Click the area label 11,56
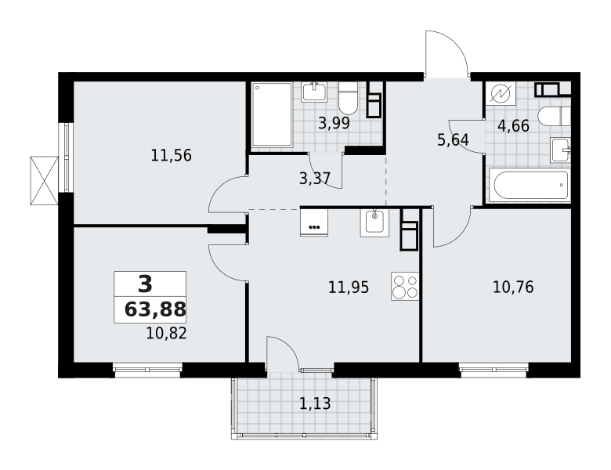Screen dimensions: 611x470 [x=171, y=156]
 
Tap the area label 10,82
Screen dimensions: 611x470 [x=166, y=334]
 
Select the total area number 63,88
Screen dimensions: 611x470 [x=155, y=310]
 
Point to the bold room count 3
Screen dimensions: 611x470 [x=146, y=284]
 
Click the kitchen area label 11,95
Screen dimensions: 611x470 [x=349, y=287]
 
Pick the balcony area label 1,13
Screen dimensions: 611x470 [x=315, y=403]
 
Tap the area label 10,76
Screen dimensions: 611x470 [x=513, y=287]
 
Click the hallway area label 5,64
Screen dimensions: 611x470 [x=453, y=140]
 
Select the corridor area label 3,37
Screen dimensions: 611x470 [x=315, y=179]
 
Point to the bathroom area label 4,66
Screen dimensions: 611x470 [x=514, y=126]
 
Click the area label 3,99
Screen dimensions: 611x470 [x=334, y=124]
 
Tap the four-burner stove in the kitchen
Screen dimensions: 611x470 [x=405, y=286]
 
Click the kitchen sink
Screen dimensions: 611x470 [x=374, y=223]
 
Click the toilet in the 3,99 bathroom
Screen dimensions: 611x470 [x=348, y=98]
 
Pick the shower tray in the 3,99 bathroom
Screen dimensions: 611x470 [x=272, y=114]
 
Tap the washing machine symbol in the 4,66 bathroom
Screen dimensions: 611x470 [x=500, y=94]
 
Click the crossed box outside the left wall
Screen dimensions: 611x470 [x=44, y=180]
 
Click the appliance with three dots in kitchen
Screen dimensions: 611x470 [x=314, y=222]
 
